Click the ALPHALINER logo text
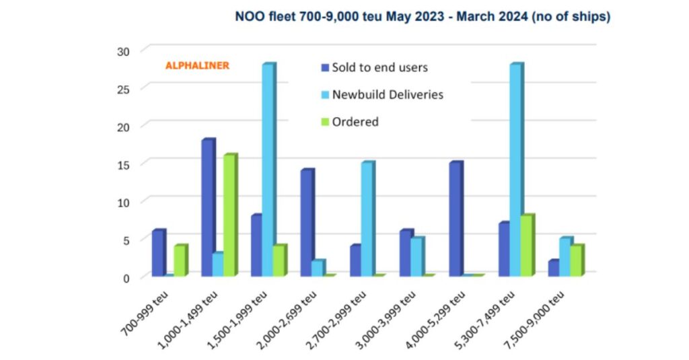click(x=197, y=66)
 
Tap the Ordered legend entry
click(x=355, y=122)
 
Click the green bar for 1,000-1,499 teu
click(x=230, y=215)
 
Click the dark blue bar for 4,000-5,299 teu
click(x=455, y=219)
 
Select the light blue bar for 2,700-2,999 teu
click(x=367, y=219)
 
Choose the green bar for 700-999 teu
click(x=180, y=260)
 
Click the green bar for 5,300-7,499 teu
click(x=527, y=246)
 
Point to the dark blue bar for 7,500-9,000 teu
click(x=554, y=268)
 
